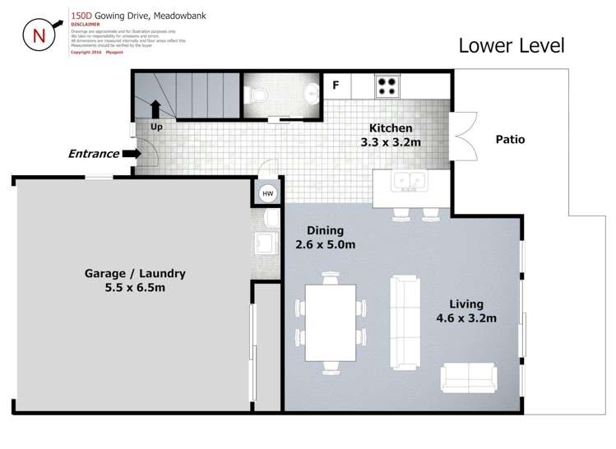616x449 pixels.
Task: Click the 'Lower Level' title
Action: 511,45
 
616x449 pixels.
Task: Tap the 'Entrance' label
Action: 93,154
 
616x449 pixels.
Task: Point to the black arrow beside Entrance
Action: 130,154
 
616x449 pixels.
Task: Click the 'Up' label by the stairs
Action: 155,127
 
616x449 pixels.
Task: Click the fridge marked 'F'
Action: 336,85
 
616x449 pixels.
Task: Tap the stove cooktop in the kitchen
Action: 387,85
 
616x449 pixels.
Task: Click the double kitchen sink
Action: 408,181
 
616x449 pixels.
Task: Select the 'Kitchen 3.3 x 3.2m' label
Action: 391,135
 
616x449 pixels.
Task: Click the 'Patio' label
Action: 510,140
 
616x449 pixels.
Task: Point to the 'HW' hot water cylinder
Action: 267,194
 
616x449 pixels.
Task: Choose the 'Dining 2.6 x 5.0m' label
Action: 325,238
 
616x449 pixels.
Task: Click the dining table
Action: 330,322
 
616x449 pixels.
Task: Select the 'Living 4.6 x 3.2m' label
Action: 466,311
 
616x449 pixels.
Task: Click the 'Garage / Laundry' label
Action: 135,280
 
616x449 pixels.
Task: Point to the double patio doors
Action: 463,137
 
